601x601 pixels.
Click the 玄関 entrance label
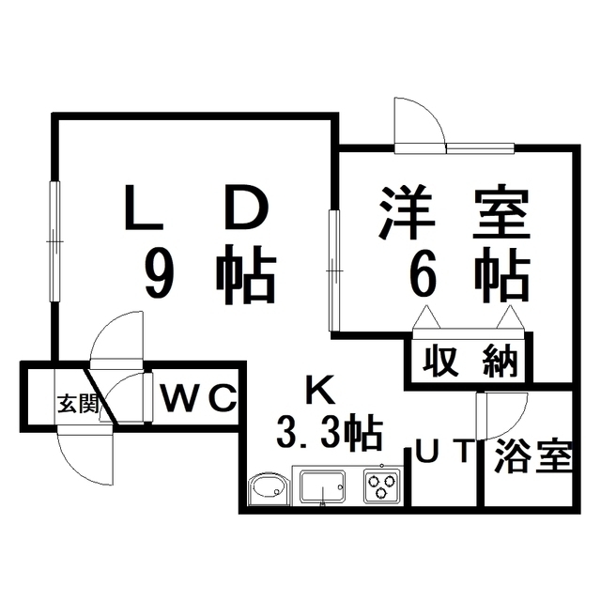[x=78, y=403]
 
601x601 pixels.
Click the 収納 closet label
[x=470, y=361]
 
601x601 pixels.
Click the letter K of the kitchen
[x=320, y=390]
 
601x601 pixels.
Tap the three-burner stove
[x=383, y=486]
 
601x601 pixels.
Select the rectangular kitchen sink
[x=322, y=486]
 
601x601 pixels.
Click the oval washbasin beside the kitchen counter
[x=268, y=490]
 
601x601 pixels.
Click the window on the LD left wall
[x=54, y=242]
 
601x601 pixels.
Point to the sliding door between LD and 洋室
[x=334, y=270]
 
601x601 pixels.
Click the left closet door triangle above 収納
[x=426, y=317]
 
